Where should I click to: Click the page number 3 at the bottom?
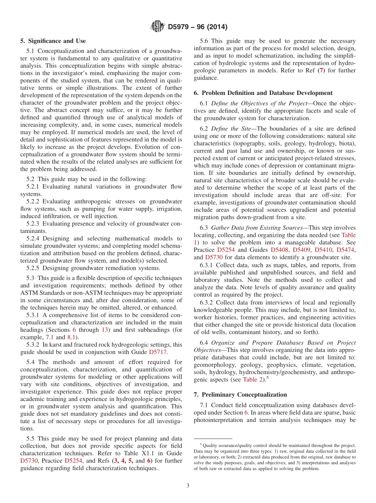click(188, 486)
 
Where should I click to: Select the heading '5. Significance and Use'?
click(53, 41)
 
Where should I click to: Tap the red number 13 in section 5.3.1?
click(105, 330)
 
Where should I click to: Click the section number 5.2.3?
click(34, 223)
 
